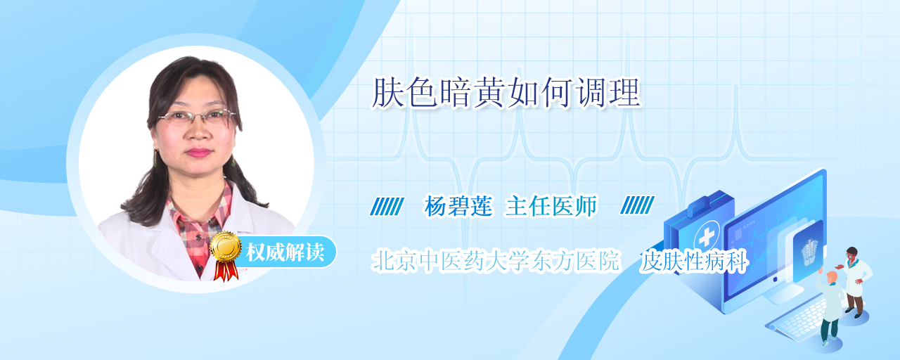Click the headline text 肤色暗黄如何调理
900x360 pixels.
coord(506,94)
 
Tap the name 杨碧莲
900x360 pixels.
coord(458,206)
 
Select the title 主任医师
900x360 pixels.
coord(551,206)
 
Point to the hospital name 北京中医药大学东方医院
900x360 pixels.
coord(496,261)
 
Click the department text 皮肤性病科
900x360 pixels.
coord(694,261)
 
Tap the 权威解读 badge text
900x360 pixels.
coord(285,252)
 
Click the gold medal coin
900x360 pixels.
coord(226,246)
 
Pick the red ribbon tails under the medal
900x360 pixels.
coord(226,270)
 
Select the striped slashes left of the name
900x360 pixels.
coord(387,206)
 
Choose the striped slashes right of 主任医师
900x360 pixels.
coord(637,205)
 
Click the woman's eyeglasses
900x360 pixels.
coord(197,117)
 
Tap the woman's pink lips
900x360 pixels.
coord(198,153)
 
